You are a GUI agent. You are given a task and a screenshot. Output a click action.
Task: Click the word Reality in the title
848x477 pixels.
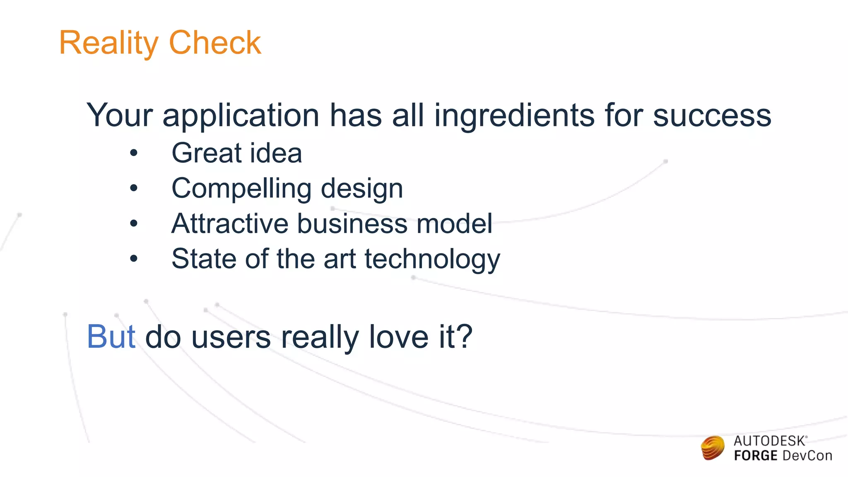pyautogui.click(x=108, y=43)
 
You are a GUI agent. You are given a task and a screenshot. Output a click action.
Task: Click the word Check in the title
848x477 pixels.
pyautogui.click(x=215, y=43)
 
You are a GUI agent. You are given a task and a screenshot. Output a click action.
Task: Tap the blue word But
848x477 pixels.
pyautogui.click(x=111, y=337)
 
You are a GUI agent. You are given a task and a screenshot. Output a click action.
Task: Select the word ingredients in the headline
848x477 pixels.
pyautogui.click(x=514, y=116)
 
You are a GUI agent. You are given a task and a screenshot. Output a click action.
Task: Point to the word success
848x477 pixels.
pyautogui.click(x=712, y=116)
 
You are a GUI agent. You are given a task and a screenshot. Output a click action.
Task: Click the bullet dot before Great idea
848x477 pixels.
pyautogui.click(x=133, y=153)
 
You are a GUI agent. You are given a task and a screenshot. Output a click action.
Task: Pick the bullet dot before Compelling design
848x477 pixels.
pyautogui.click(x=133, y=188)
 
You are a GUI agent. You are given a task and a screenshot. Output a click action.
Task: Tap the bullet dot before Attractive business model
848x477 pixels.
pyautogui.click(x=133, y=224)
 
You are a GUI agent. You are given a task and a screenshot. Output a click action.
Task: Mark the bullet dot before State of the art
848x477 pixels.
pyautogui.click(x=133, y=259)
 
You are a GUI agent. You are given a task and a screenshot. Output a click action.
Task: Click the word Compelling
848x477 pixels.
pyautogui.click(x=241, y=189)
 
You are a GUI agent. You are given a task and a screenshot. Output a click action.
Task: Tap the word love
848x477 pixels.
pyautogui.click(x=398, y=337)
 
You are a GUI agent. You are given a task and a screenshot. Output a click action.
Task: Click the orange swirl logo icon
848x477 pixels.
pyautogui.click(x=713, y=448)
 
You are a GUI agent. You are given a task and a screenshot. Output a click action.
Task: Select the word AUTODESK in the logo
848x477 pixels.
pyautogui.click(x=769, y=441)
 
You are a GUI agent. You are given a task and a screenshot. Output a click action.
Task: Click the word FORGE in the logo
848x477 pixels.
pyautogui.click(x=756, y=456)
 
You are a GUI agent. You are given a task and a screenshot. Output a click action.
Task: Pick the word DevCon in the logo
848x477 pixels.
pyautogui.click(x=807, y=456)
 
